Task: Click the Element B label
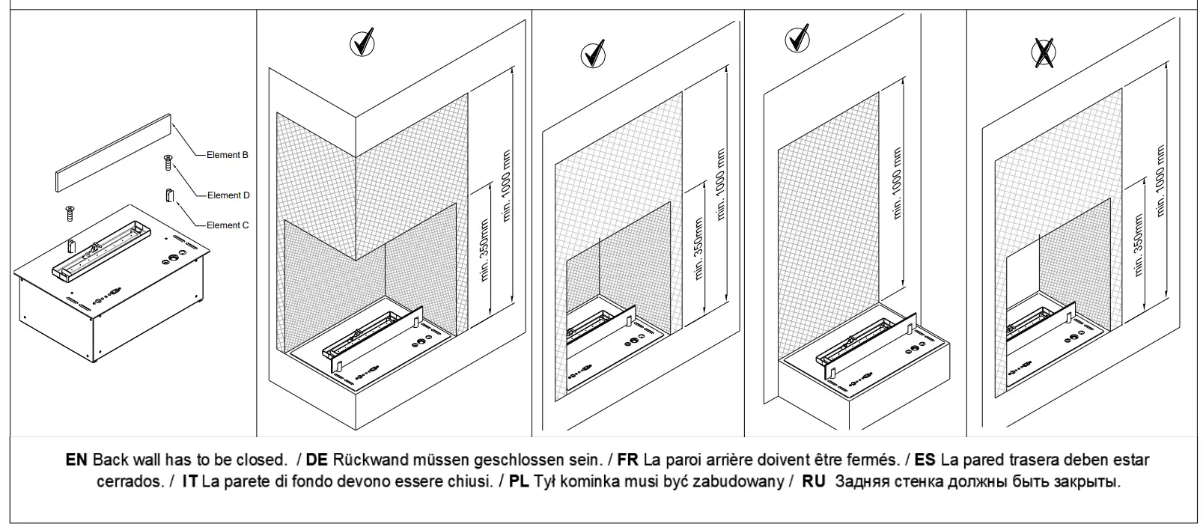click(228, 156)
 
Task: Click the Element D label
click(228, 195)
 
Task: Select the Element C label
click(228, 225)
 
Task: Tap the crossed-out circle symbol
click(1044, 51)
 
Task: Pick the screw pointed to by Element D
click(168, 162)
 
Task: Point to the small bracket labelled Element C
click(168, 195)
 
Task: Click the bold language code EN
click(76, 460)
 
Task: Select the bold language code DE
click(317, 460)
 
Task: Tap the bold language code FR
click(627, 460)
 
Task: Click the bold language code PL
click(519, 481)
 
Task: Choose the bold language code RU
click(814, 481)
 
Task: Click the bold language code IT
click(189, 481)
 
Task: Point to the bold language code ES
click(925, 460)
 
